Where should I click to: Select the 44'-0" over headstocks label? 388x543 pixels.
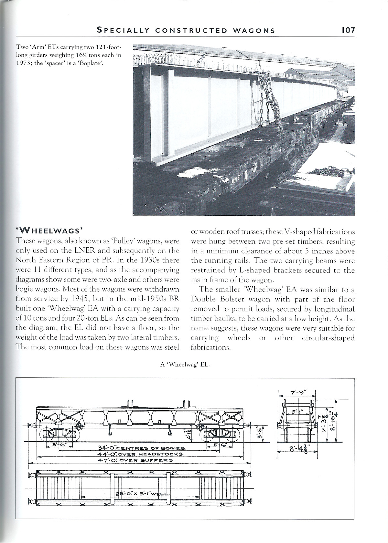click(x=141, y=454)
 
